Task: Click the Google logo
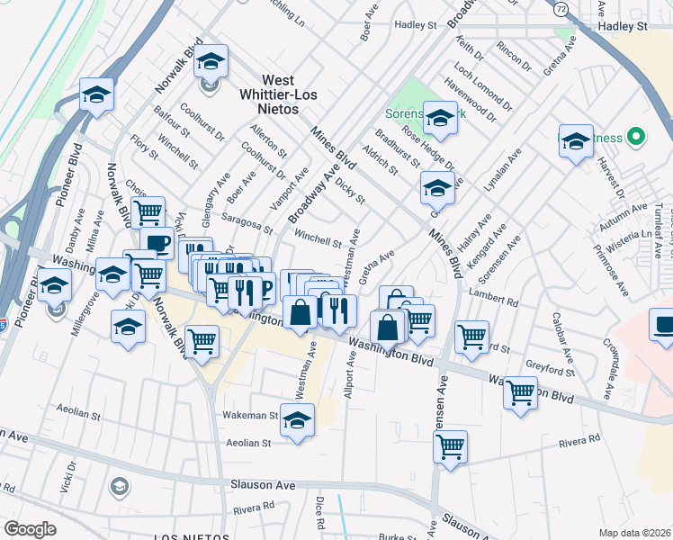click(x=30, y=529)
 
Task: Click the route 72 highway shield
click(x=560, y=9)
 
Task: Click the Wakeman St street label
click(x=250, y=416)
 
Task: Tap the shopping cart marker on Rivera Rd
click(x=450, y=446)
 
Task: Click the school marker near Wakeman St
click(x=298, y=419)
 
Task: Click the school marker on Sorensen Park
click(x=440, y=118)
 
